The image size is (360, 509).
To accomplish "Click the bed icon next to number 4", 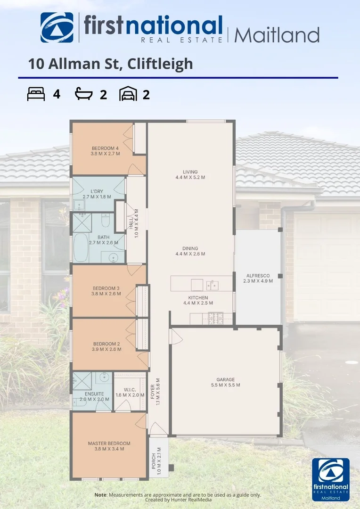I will [x=36, y=94].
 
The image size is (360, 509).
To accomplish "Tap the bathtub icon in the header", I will [x=84, y=94].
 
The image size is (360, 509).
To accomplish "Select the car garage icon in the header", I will [x=128, y=94].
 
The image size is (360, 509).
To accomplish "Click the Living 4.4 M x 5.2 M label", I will [x=190, y=174].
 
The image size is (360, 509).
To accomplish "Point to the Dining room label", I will [x=190, y=251].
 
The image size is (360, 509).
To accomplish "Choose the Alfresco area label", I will [x=258, y=278].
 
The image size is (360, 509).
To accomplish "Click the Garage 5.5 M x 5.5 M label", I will [x=225, y=382].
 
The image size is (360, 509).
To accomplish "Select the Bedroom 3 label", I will [x=106, y=290].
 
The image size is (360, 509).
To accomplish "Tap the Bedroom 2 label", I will [x=106, y=346].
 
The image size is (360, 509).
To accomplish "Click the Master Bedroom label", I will [x=109, y=446].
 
